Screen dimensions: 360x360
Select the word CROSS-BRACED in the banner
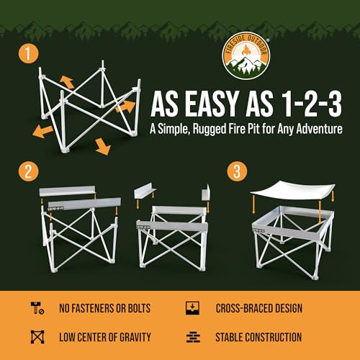pos(246,309)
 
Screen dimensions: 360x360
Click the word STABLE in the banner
pos(230,337)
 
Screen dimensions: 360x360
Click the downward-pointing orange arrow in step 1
pos(102,147)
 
